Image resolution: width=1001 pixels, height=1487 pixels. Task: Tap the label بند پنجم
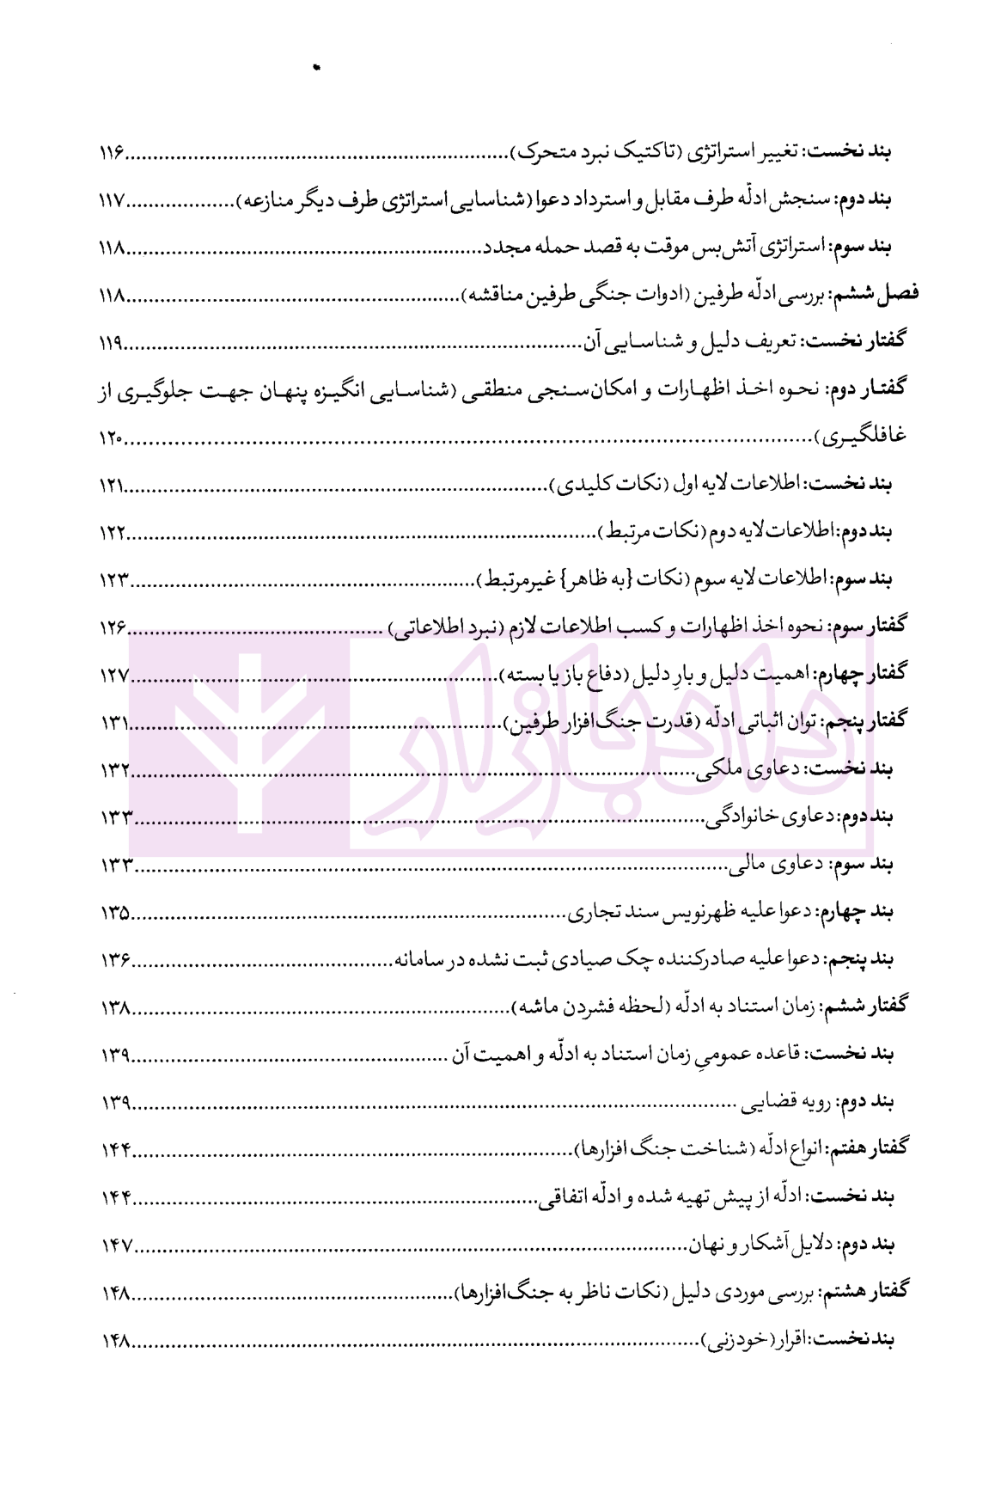click(862, 959)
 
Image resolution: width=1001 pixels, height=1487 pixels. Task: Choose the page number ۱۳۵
click(113, 913)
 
